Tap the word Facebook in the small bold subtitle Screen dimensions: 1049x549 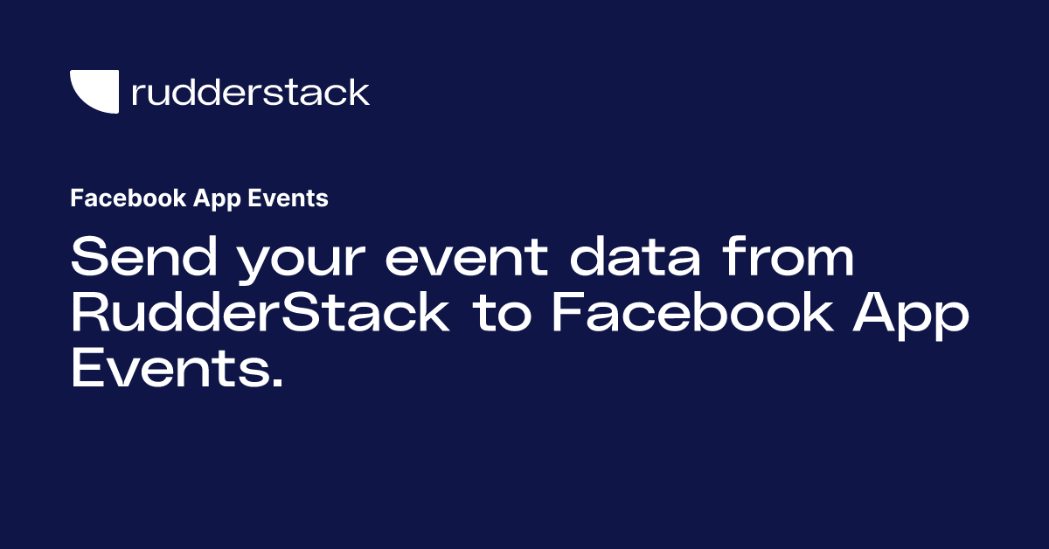pos(129,198)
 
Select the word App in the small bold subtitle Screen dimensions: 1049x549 pos(217,199)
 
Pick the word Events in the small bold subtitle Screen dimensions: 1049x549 pos(288,198)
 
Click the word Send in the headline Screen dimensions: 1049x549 pos(144,256)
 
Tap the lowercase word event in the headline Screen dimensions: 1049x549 pos(467,259)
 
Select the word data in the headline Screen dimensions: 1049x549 pos(635,256)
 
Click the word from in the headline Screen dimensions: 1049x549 pos(788,256)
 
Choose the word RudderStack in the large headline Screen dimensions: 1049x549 pos(261,311)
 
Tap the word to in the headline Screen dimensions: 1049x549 pos(502,314)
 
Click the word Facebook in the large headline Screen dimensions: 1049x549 pos(693,311)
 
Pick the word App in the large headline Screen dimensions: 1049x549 pos(911,316)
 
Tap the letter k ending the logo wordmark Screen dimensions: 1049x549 pos(358,91)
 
